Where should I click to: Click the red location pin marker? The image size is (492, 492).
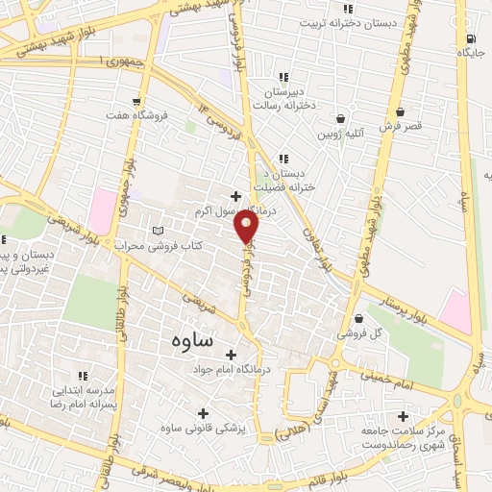pyautogui.click(x=248, y=228)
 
